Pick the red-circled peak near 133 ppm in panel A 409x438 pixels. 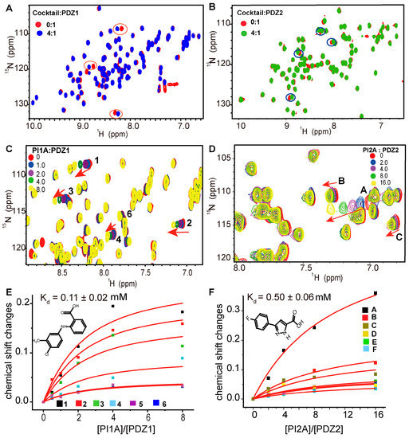pyautogui.click(x=116, y=113)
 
